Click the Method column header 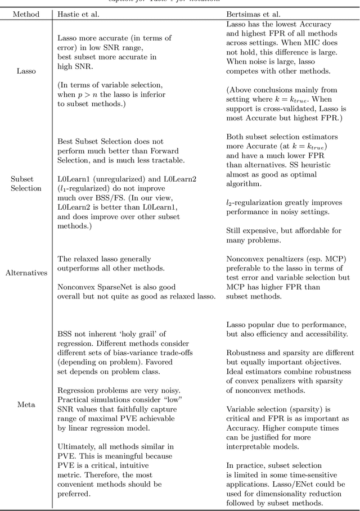click(x=26, y=13)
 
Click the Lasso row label click(x=26, y=72)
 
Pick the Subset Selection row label click(x=26, y=183)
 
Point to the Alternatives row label click(x=26, y=273)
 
